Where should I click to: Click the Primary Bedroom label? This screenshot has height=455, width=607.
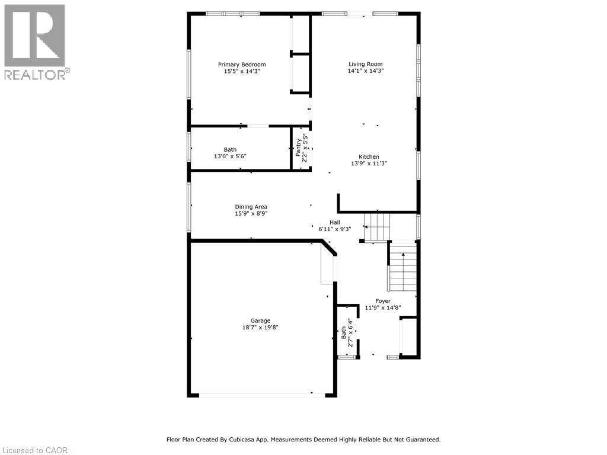coord(242,65)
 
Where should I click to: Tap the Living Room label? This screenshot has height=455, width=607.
coord(365,65)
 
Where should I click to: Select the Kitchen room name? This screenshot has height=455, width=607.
coord(369,157)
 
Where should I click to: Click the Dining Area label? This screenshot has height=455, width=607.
coord(251,207)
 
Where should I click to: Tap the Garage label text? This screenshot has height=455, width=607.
coord(260,321)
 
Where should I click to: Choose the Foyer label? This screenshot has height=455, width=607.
coord(382,301)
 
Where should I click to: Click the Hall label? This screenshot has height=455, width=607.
coord(335,222)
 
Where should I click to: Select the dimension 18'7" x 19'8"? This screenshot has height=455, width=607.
coord(260,327)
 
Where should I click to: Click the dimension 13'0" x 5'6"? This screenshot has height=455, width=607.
coord(230,156)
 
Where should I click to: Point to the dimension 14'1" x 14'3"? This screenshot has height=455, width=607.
coord(365,71)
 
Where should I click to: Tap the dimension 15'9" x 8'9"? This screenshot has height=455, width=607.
coord(251,213)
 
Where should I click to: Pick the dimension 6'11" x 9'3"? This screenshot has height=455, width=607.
coord(335,229)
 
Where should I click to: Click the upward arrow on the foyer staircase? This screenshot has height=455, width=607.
coord(403,255)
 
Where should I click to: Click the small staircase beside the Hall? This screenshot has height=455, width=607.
coord(378,227)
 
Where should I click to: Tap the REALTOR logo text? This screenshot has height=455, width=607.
coord(36,75)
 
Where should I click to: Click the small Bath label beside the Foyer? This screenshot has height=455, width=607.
coord(344,332)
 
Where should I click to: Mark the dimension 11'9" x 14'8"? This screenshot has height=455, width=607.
coord(382,307)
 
